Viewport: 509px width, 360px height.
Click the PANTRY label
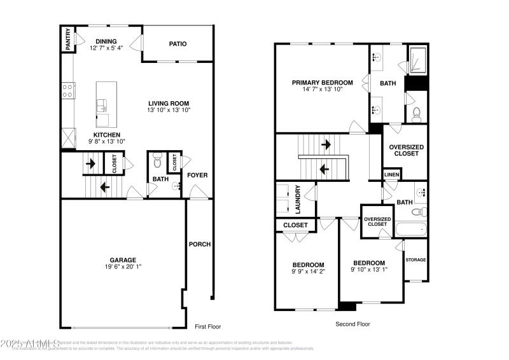click(67, 39)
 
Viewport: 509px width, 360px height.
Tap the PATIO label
click(178, 44)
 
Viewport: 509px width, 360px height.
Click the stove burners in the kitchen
click(67, 91)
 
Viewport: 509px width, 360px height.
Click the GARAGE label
click(123, 260)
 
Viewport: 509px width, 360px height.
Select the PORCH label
click(199, 244)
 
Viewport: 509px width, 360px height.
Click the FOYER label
click(197, 175)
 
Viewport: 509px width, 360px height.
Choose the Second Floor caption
click(352, 324)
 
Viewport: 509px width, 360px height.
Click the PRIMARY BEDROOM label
click(322, 83)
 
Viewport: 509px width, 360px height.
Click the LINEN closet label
click(391, 174)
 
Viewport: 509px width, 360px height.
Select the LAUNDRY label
click(297, 202)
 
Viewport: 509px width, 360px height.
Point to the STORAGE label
click(416, 260)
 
